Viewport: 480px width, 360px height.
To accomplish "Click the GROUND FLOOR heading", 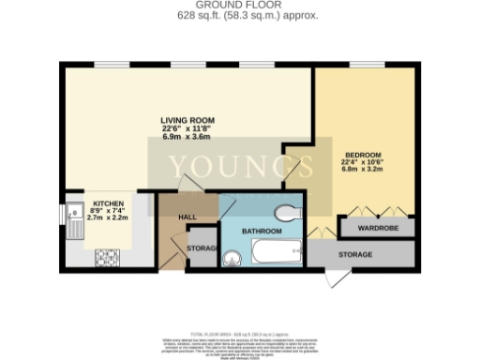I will point(239,5).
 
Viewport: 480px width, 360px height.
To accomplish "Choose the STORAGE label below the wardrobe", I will point(354,254).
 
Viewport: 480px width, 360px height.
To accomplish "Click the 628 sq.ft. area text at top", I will point(240,16).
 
